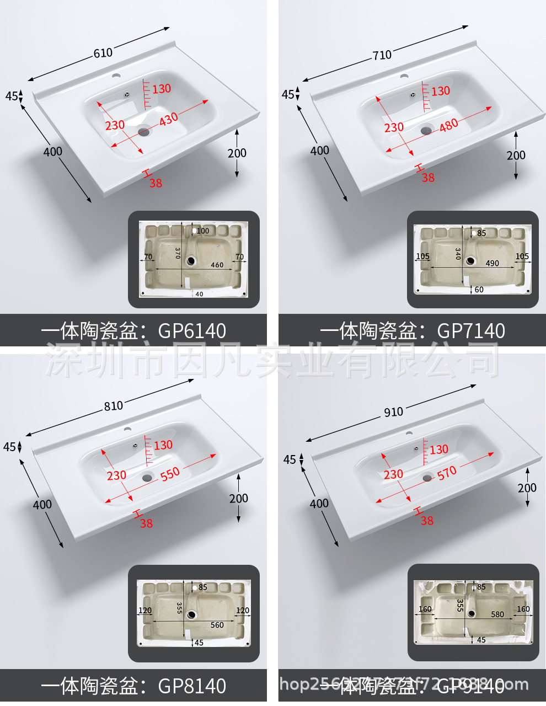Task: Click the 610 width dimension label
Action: click(x=103, y=53)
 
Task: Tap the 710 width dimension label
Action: click(x=382, y=55)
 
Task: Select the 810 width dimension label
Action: click(x=114, y=406)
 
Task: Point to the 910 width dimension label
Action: click(x=394, y=412)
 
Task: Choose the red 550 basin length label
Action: click(x=170, y=473)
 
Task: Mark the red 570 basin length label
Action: click(x=447, y=472)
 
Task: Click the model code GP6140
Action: click(x=192, y=331)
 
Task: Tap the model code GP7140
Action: click(x=471, y=331)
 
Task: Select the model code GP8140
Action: click(x=192, y=686)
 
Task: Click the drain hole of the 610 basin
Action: click(x=144, y=132)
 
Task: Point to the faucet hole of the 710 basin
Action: click(x=404, y=76)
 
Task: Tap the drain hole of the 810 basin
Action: click(x=147, y=478)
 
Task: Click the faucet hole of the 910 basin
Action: click(x=410, y=434)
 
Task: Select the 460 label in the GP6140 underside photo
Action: click(x=217, y=265)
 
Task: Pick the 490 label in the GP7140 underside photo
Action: click(x=493, y=263)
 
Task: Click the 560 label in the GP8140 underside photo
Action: click(x=217, y=625)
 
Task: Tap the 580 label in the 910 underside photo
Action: click(x=497, y=614)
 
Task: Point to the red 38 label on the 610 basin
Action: click(x=156, y=183)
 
